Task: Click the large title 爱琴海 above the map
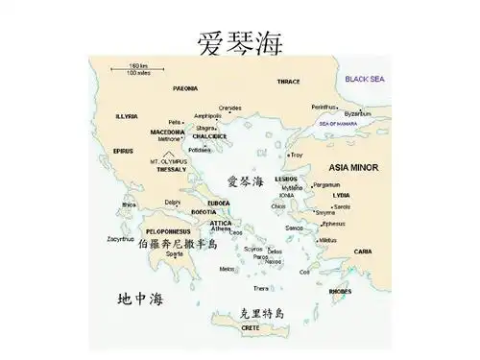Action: [240, 43]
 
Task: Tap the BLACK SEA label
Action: [365, 78]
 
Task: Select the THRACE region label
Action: [289, 82]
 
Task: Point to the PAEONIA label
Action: [185, 87]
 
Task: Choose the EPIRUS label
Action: [123, 151]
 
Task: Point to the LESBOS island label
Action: [285, 179]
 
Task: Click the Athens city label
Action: [222, 228]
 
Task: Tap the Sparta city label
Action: [174, 253]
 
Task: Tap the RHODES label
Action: [340, 288]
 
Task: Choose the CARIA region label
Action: [363, 252]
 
